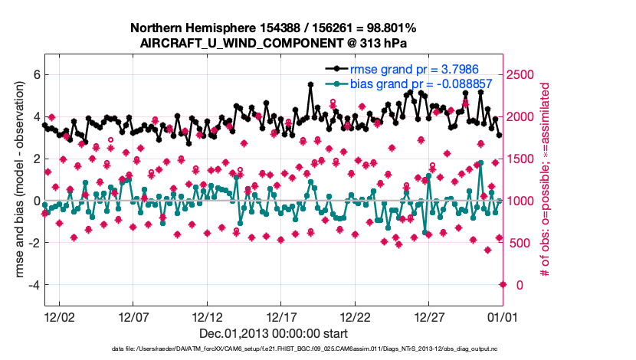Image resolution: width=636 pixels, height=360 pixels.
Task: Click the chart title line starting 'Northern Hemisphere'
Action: click(274, 28)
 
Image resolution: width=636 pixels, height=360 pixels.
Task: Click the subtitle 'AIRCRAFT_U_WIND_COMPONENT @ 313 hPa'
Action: click(274, 43)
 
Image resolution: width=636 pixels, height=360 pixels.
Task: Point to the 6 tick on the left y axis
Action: click(35, 75)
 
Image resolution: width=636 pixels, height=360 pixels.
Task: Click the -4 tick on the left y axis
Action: click(33, 285)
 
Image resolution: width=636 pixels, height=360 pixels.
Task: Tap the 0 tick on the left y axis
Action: click(35, 201)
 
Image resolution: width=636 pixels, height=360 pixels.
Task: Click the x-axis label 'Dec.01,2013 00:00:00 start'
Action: click(274, 333)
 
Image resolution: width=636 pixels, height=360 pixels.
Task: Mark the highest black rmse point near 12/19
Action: click(310, 85)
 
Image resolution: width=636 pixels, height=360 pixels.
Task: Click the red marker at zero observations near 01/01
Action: click(503, 284)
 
